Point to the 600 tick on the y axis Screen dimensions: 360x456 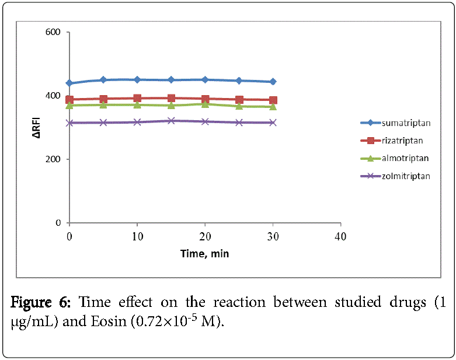click(53, 32)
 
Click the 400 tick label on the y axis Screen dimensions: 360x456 click(53, 96)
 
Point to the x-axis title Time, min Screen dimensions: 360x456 click(205, 254)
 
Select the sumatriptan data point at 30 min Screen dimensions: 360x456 click(273, 82)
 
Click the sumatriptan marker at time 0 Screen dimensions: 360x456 click(69, 83)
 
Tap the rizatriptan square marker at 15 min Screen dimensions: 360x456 click(171, 99)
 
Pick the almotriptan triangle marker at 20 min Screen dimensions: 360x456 click(205, 103)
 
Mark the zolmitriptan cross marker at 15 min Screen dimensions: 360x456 click(171, 121)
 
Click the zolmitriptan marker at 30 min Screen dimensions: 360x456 click(273, 123)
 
